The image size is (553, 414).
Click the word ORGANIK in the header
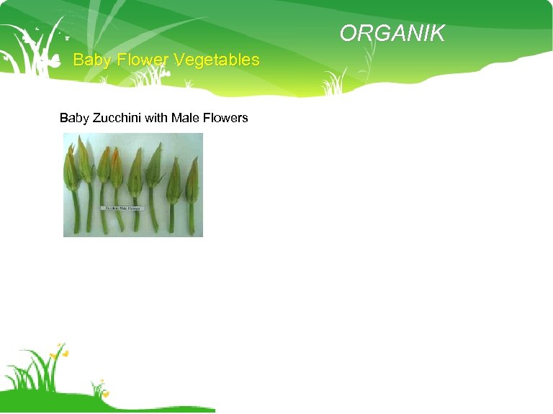pyautogui.click(x=392, y=34)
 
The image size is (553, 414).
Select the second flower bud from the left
pyautogui.click(x=85, y=162)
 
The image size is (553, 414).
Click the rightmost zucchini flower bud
pyautogui.click(x=192, y=181)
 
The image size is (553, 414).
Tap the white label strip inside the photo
pyautogui.click(x=125, y=208)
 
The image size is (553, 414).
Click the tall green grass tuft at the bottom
pyautogui.click(x=36, y=374)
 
